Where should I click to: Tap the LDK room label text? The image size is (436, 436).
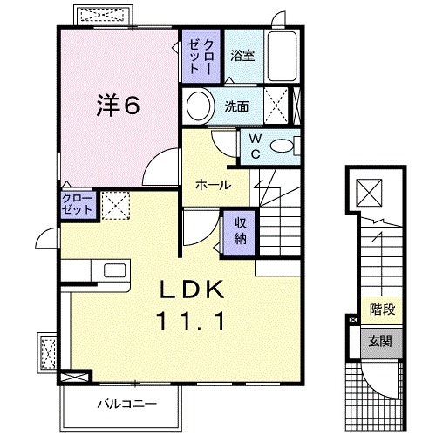pyautogui.click(x=192, y=290)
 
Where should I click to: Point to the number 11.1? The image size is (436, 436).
pyautogui.click(x=192, y=321)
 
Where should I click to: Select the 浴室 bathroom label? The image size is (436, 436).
pyautogui.click(x=242, y=56)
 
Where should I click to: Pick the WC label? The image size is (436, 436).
pyautogui.click(x=256, y=145)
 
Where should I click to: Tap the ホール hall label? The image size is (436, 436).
pyautogui.click(x=214, y=185)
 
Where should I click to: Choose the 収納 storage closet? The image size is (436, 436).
pyautogui.click(x=240, y=231)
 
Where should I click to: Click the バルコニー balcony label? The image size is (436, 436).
pyautogui.click(x=126, y=404)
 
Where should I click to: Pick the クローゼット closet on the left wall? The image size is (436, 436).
pyautogui.click(x=77, y=207)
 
